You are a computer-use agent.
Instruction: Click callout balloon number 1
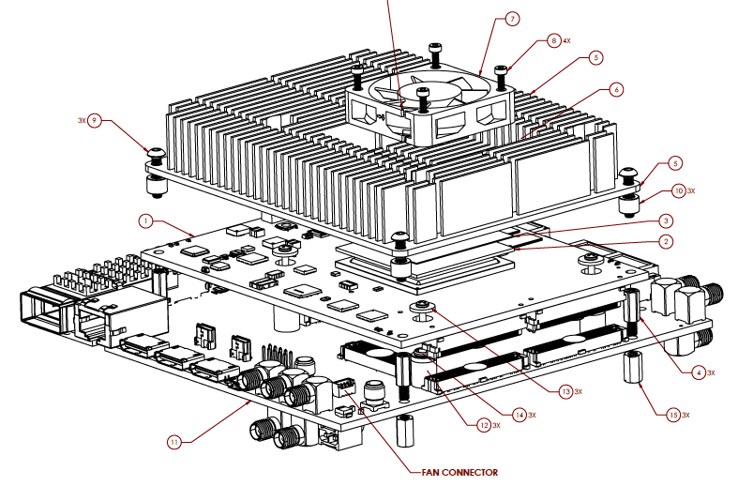click(145, 220)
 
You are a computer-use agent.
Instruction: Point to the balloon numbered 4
click(698, 372)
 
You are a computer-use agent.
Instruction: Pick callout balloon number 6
click(616, 90)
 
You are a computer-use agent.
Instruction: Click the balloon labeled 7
click(512, 19)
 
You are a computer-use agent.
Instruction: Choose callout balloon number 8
click(554, 41)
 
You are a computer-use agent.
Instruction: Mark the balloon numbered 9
click(94, 121)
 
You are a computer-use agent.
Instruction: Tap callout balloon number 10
click(679, 190)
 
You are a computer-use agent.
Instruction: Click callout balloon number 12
click(484, 425)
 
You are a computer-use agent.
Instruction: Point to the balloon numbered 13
click(565, 390)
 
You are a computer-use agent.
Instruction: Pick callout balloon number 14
click(520, 415)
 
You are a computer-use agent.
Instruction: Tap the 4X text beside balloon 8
click(566, 41)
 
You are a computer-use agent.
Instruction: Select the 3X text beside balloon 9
click(82, 121)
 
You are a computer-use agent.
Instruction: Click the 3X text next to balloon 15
click(685, 415)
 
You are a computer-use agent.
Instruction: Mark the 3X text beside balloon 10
click(692, 190)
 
